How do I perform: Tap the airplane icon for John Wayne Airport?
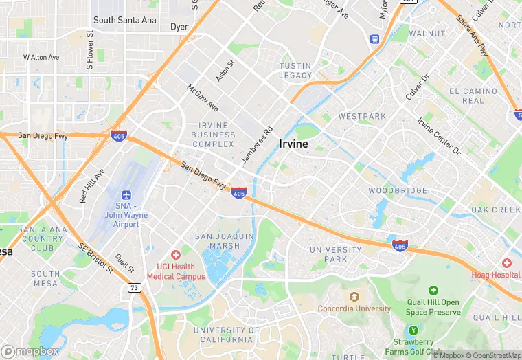(x=126, y=196)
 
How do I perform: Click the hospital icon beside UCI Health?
(x=176, y=255)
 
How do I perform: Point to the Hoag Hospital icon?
(x=506, y=263)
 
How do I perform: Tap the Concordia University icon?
(x=354, y=297)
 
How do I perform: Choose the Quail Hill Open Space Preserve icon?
(x=433, y=291)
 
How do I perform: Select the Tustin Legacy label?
(x=295, y=70)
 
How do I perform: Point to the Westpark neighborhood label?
(x=362, y=117)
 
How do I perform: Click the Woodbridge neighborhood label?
(x=397, y=190)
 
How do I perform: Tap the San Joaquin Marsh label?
(x=225, y=241)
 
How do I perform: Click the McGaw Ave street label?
(x=203, y=98)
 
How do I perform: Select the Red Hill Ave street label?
(x=92, y=185)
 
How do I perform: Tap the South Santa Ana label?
(x=125, y=21)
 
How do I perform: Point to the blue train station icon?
(x=374, y=39)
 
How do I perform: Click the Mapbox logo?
(x=31, y=351)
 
